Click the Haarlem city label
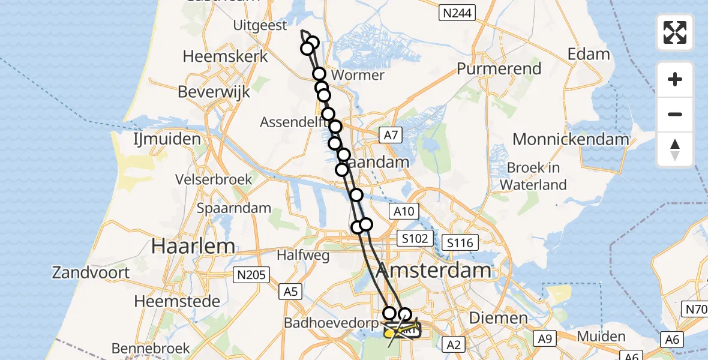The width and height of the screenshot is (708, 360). tap(193, 246)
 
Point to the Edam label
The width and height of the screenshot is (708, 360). tap(589, 54)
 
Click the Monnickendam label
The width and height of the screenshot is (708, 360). tap(571, 139)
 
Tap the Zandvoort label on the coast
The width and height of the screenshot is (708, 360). tap(91, 272)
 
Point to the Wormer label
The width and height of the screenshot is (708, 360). tap(358, 75)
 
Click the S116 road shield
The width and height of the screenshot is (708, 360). tap(460, 242)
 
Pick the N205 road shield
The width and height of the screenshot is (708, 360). tap(251, 275)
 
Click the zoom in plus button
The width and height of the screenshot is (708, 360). tap(675, 79)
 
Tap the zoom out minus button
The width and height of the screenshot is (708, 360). tap(675, 114)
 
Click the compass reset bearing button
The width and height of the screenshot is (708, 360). tap(675, 149)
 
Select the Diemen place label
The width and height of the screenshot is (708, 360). tap(490, 317)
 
